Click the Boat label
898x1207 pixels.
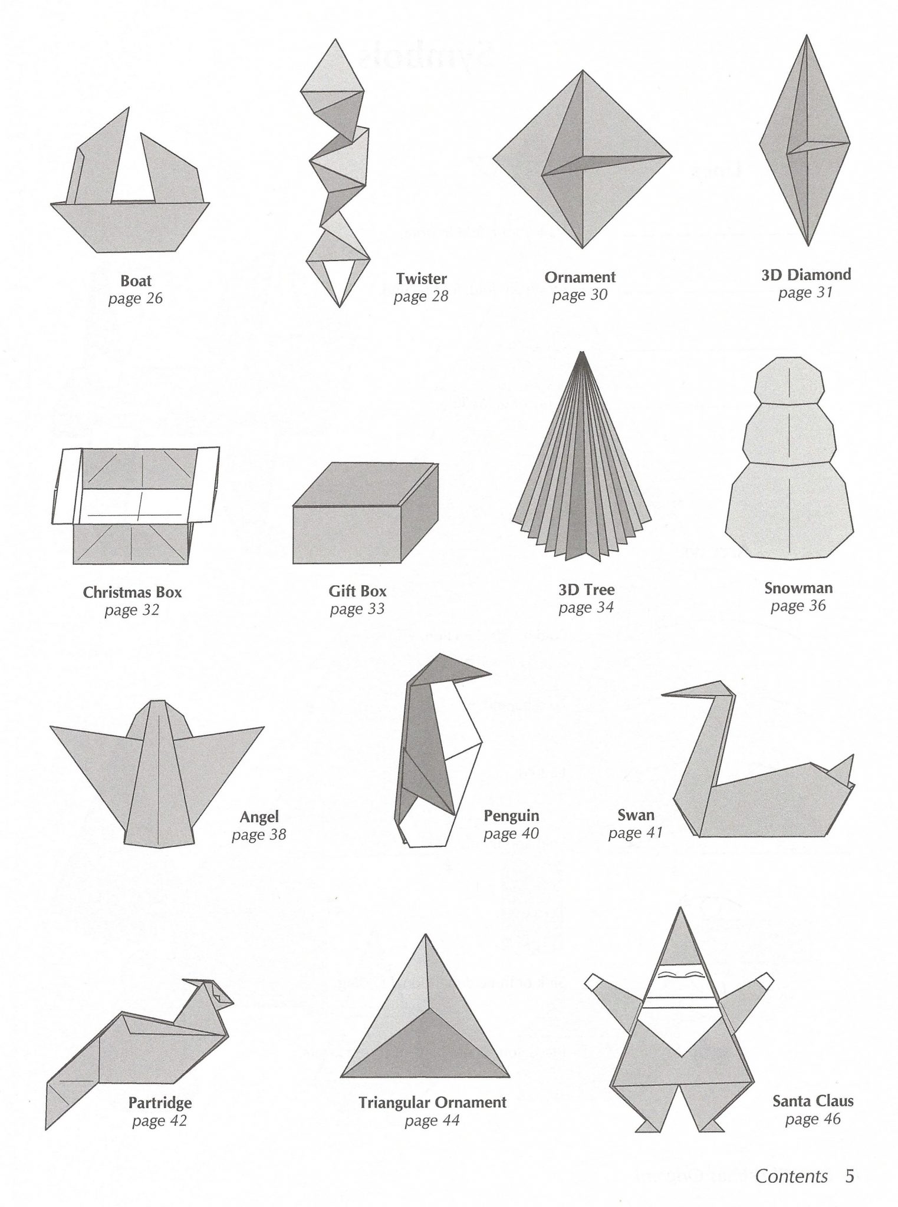tap(136, 281)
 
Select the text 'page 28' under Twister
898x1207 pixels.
tap(421, 296)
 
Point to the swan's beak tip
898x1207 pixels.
tap(663, 695)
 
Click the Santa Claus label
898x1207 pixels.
tap(813, 1100)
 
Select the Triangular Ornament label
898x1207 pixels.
tap(432, 1103)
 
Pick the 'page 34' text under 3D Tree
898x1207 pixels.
tap(586, 607)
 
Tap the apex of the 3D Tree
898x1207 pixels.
tap(583, 352)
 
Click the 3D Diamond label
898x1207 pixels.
tap(806, 275)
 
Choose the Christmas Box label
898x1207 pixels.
tap(132, 592)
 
